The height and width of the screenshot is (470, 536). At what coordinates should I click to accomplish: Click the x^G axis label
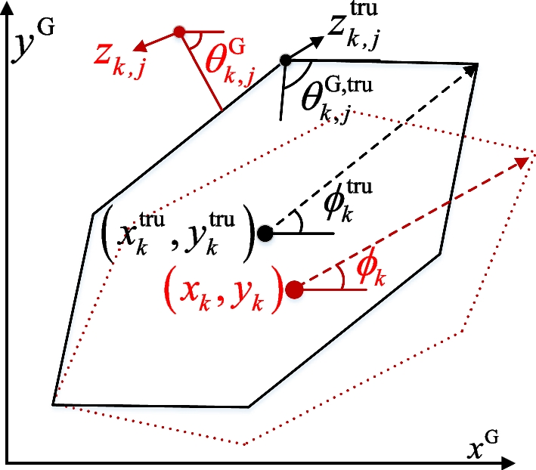point(484,448)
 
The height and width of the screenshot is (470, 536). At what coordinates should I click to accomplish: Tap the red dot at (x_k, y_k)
point(295,289)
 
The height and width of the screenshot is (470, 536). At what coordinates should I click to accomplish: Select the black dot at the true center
point(264,233)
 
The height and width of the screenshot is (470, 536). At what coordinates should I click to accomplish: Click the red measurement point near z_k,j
point(179,32)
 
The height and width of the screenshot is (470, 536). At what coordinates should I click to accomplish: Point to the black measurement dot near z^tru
point(285,60)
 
